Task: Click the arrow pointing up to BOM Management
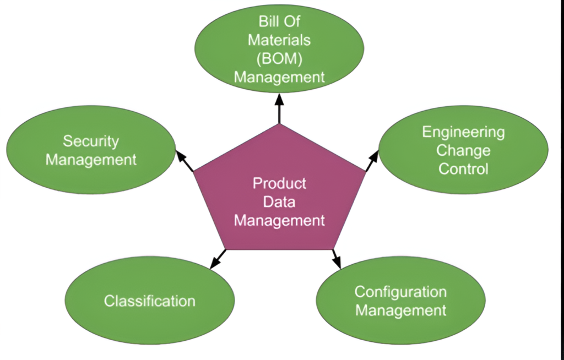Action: [x=279, y=109]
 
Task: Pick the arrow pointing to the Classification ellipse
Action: [x=218, y=259]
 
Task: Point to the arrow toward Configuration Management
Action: [x=335, y=258]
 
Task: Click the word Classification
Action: [x=149, y=301]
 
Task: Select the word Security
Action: [x=91, y=141]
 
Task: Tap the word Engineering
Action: [x=463, y=132]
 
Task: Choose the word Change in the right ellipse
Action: [x=463, y=150]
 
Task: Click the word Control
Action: [x=463, y=168]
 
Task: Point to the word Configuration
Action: [x=400, y=292]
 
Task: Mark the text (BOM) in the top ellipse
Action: [x=279, y=58]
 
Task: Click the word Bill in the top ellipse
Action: [x=269, y=22]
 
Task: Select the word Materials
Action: [x=279, y=40]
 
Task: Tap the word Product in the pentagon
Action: [x=279, y=183]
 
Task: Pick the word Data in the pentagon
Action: [x=279, y=202]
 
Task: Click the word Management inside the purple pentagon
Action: [x=279, y=221]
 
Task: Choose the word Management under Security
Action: [x=91, y=160]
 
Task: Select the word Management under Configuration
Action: [x=400, y=310]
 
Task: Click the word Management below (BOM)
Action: [x=279, y=77]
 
